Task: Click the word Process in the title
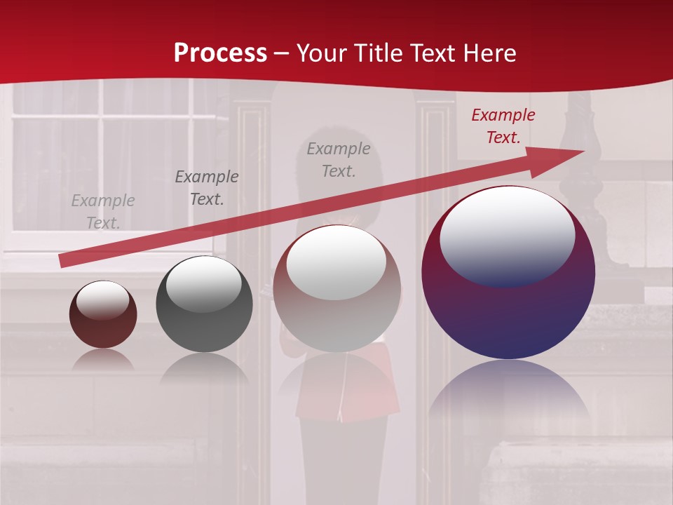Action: [x=220, y=53]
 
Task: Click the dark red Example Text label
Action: [x=503, y=126]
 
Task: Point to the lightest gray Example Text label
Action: [x=103, y=212]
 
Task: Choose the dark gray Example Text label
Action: [x=207, y=188]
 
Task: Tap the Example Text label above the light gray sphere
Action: [x=339, y=160]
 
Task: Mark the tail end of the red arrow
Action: [x=62, y=261]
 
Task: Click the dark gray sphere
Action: [x=204, y=330]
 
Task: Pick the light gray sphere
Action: [x=336, y=323]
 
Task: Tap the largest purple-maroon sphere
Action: [x=508, y=316]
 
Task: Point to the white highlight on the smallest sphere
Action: [x=102, y=299]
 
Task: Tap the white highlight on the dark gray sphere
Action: [x=203, y=284]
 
